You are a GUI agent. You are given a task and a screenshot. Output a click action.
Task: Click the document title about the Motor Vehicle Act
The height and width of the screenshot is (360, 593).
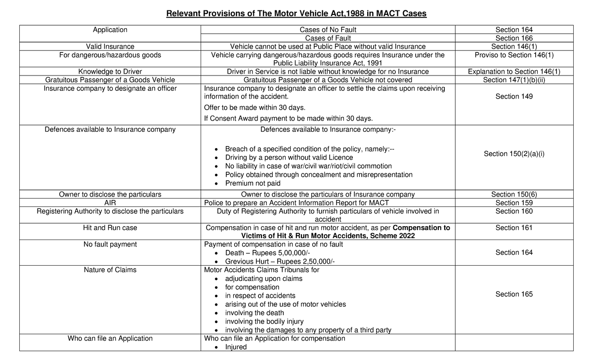tap(296, 13)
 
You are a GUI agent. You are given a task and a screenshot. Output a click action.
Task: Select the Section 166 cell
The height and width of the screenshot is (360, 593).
tap(514, 38)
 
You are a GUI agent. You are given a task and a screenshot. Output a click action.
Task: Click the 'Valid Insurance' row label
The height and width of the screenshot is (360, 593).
tap(110, 46)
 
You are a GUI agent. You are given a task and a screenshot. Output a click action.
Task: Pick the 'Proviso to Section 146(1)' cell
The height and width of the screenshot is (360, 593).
tap(514, 55)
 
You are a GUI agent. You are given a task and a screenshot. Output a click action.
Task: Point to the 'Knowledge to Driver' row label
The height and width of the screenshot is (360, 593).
tap(110, 72)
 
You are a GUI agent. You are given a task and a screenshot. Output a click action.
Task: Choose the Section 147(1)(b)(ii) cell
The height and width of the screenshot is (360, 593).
tap(514, 80)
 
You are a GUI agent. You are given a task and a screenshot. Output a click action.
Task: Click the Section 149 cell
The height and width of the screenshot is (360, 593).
tap(514, 97)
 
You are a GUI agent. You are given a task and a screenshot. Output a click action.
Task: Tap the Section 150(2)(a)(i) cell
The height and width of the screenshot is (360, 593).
tap(514, 154)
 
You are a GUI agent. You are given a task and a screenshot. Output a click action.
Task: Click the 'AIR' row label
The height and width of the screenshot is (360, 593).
tap(110, 203)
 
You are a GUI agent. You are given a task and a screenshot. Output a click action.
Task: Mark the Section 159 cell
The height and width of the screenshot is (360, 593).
tap(514, 203)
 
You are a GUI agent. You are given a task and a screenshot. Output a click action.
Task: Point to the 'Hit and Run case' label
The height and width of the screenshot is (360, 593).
tap(110, 228)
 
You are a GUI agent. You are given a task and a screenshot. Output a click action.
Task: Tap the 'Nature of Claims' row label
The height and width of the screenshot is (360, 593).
tap(110, 270)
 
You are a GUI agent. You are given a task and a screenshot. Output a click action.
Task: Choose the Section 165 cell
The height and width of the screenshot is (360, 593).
tap(514, 294)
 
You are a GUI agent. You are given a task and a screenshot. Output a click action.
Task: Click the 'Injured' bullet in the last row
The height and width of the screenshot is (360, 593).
tap(236, 347)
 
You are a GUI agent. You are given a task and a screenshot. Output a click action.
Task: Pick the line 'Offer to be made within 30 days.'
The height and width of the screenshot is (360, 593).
tap(254, 108)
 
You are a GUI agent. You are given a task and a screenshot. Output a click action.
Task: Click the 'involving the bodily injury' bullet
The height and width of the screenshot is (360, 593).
tap(264, 321)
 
